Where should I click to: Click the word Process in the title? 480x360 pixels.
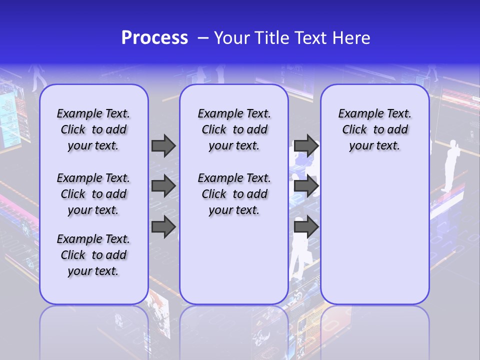[x=154, y=38]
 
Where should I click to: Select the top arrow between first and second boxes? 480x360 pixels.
[x=163, y=145]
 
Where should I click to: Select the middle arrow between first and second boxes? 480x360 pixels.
[x=163, y=186]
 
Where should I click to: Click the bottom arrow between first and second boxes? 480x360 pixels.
[x=163, y=227]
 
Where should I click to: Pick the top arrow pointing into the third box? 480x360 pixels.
[x=306, y=145]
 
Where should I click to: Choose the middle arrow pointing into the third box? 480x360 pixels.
[x=306, y=186]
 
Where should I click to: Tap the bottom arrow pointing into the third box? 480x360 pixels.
[x=306, y=227]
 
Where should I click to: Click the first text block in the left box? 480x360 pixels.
[x=93, y=129]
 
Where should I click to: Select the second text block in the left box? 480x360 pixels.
[x=93, y=194]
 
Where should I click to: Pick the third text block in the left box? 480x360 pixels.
[x=93, y=255]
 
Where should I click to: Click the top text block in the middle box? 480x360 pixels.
[x=234, y=129]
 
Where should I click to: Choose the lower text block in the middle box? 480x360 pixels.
[x=234, y=194]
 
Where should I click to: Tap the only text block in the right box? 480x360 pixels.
[x=374, y=129]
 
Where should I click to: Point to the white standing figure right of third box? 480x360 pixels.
[x=451, y=165]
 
